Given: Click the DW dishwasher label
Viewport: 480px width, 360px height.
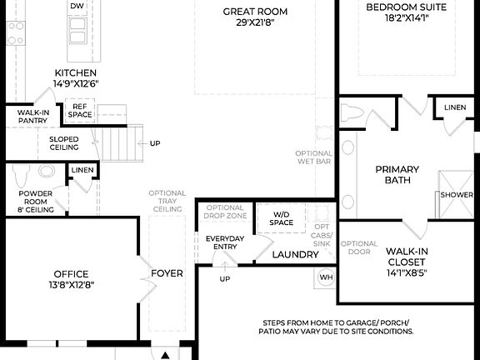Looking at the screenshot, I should pos(77,6).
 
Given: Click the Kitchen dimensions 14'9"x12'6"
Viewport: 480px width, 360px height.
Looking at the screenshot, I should pos(81,83).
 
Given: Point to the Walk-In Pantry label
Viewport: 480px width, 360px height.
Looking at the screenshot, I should pos(32,115).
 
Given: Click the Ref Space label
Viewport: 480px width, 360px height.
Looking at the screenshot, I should pos(81,111).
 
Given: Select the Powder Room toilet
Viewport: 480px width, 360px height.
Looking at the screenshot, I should pos(22,175).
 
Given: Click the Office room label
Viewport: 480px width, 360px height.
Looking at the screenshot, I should pos(71,273).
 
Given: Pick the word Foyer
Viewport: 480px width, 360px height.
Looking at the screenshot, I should pos(167,273).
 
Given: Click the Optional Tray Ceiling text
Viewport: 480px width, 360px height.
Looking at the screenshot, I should pos(167,201).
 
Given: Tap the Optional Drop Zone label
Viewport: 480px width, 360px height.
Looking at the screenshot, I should pos(225,212).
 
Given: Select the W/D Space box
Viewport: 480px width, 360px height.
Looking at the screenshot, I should pos(282,218).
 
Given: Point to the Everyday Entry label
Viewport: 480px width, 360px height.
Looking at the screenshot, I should pos(224,243).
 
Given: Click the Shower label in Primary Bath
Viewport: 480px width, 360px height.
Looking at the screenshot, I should pos(457,195).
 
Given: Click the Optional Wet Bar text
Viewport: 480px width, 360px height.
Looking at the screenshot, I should pos(313,158).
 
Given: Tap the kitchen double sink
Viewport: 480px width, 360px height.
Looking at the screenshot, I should pos(77,31).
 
